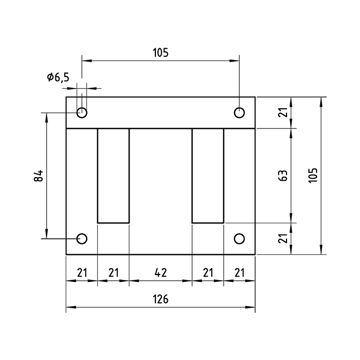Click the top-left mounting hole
[82, 112]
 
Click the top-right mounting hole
[239, 112]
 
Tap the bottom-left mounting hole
[82, 238]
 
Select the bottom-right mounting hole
[239, 238]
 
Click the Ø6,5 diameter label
[57, 78]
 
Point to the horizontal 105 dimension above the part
[161, 52]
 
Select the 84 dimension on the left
[38, 176]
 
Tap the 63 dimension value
[282, 176]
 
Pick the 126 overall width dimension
[161, 299]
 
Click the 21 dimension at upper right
[282, 112]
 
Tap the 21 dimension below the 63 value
[282, 238]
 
